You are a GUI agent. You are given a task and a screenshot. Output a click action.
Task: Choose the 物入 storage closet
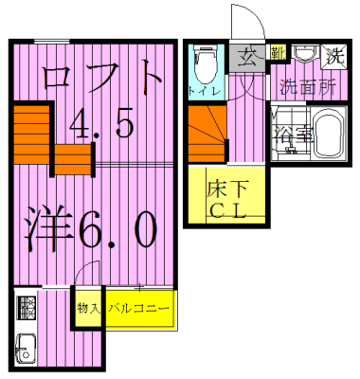tap(88, 309)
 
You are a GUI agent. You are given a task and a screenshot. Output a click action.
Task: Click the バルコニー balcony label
tap(138, 309)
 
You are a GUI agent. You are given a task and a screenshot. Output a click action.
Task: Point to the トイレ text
tap(205, 92)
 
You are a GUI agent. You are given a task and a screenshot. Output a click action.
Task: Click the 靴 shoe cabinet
tap(276, 53)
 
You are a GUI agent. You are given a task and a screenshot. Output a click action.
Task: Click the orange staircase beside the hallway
tap(207, 135)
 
